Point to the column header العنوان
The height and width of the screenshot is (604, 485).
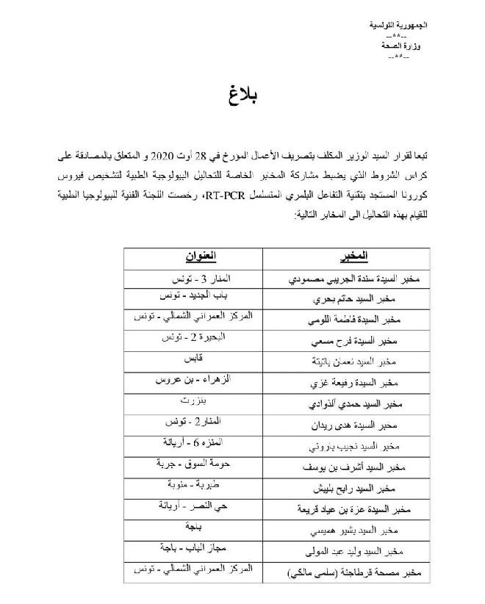point(192,256)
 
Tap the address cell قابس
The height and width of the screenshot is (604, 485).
point(192,359)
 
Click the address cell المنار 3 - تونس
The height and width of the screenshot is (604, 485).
point(192,277)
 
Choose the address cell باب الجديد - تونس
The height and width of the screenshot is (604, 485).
point(192,297)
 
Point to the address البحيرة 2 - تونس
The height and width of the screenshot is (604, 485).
point(192,339)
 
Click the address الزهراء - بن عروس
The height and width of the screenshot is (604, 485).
point(192,380)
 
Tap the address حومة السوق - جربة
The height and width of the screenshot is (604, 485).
point(192,464)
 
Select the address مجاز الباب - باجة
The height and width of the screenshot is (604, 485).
point(192,547)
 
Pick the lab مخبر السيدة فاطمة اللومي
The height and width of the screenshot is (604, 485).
point(345,320)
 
